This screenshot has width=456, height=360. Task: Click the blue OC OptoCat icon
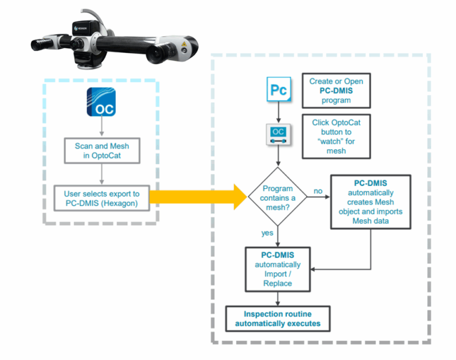point(101,102)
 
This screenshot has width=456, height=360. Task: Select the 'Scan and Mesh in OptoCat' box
point(102,151)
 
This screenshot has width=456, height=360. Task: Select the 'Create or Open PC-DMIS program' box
point(337,91)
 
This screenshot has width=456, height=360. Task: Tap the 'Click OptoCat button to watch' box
point(337,137)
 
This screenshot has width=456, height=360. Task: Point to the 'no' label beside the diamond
point(319,191)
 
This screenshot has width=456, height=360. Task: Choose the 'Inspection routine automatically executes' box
point(277,319)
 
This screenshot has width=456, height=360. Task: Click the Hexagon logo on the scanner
point(82,27)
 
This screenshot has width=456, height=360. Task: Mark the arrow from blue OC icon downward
point(102,127)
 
